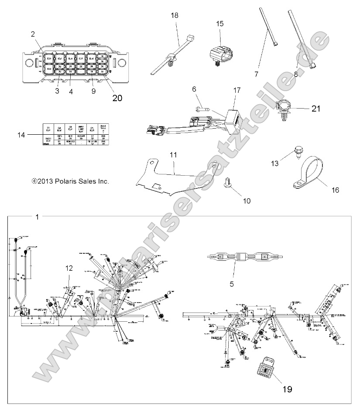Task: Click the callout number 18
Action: click(175, 15)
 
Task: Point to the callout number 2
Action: click(33, 34)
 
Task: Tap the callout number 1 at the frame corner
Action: click(37, 217)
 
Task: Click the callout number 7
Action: click(257, 74)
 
